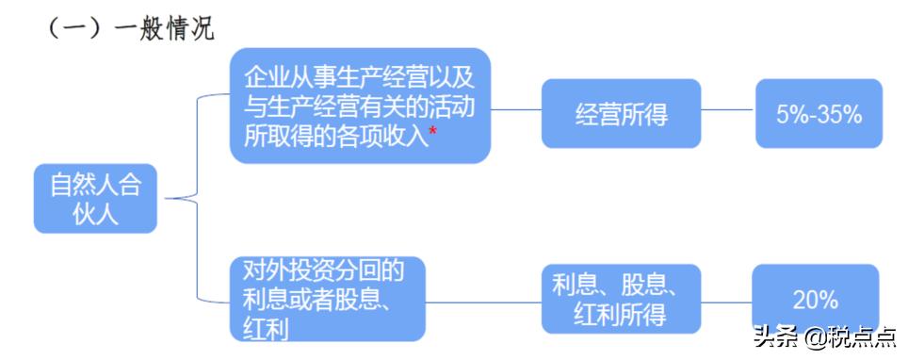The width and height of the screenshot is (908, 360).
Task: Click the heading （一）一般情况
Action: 131,28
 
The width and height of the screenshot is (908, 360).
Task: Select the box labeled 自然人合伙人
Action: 95,199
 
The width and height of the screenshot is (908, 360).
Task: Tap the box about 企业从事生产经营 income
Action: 361,106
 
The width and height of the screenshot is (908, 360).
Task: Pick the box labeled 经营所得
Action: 622,114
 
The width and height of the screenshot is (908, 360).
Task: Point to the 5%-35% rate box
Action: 819,114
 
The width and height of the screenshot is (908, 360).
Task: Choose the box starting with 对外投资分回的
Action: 327,299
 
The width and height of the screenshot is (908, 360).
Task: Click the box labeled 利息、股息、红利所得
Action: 621,299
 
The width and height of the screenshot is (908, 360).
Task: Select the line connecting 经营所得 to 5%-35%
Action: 728,110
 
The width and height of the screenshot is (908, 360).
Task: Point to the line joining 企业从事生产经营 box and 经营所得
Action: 516,110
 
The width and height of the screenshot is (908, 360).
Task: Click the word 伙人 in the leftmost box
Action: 95,213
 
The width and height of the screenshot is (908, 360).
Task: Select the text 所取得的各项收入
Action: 334,134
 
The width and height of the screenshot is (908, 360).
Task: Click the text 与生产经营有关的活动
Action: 359,106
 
